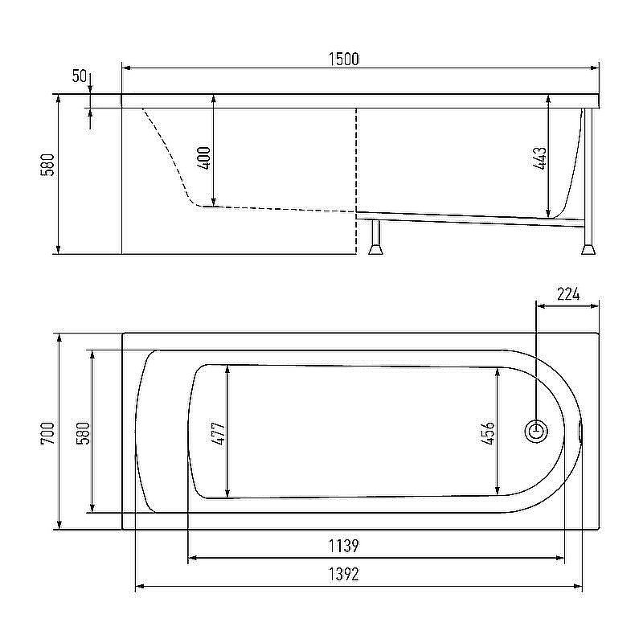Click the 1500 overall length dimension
point(343,59)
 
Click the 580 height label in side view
point(47,165)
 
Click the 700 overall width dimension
point(47,433)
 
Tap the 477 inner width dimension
point(218,433)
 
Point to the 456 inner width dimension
point(488,433)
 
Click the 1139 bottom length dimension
point(343,547)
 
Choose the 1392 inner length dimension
point(343,575)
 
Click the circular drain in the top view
point(536,432)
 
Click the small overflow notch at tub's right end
point(582,432)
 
